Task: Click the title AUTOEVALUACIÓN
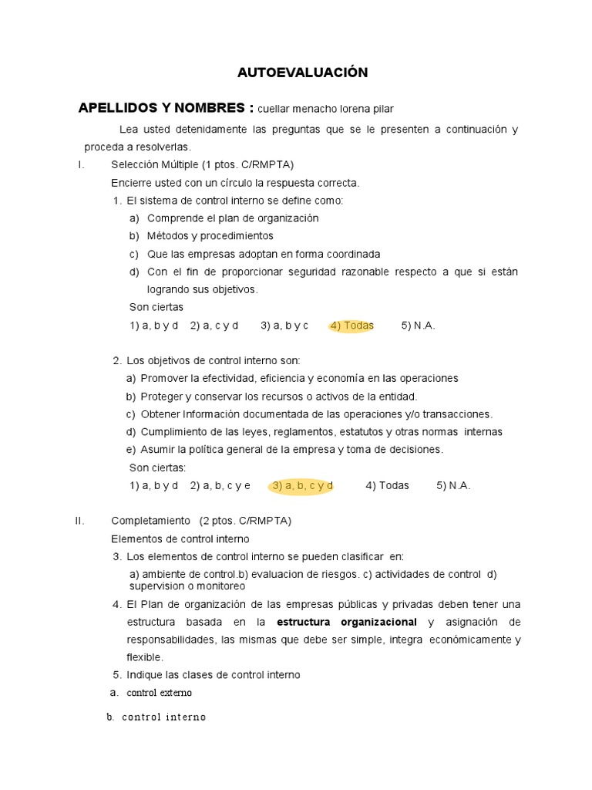point(302,73)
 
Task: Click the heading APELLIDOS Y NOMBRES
point(166,108)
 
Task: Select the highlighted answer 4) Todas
point(351,326)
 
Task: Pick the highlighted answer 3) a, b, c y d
point(302,486)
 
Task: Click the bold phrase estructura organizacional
point(347,622)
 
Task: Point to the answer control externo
point(159,693)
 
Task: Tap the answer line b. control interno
point(156,717)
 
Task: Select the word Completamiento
point(150,521)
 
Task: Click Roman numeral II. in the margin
point(79,521)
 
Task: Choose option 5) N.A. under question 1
point(418,326)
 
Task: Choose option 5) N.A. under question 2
point(453,486)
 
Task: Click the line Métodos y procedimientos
point(210,236)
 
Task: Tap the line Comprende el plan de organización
point(232,218)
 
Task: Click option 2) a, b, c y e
point(220,486)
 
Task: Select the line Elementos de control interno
point(180,538)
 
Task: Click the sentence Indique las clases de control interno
point(214,675)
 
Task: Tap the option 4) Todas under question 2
point(387,486)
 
